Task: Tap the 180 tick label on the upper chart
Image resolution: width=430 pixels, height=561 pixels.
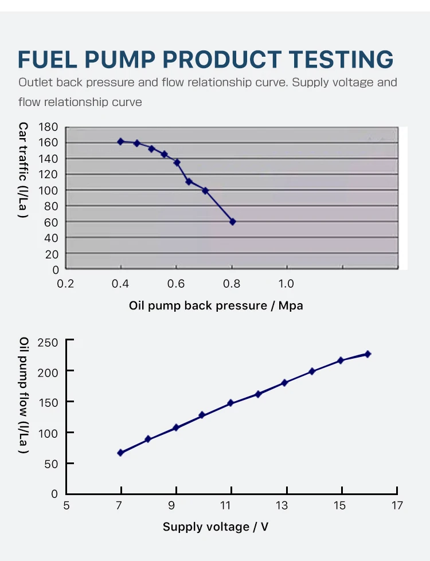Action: [x=49, y=127]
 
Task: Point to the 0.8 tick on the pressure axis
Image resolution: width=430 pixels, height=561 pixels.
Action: [x=232, y=284]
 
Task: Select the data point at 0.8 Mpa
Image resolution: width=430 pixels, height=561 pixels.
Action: [x=232, y=221]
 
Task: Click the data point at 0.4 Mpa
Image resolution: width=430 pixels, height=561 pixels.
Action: [x=120, y=141]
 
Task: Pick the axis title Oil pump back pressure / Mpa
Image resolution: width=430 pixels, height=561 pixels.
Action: [x=216, y=305]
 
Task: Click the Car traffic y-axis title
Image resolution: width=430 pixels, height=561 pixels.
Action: [x=24, y=170]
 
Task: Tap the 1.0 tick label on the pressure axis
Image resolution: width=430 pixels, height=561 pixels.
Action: [x=286, y=284]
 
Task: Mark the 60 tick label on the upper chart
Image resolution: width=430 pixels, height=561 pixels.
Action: [x=52, y=222]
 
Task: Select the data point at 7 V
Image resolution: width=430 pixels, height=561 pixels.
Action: [x=120, y=453]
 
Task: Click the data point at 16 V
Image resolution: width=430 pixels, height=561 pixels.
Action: [x=368, y=354]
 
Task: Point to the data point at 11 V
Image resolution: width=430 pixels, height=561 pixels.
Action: [x=230, y=403]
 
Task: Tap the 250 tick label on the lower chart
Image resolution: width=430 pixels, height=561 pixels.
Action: [x=48, y=343]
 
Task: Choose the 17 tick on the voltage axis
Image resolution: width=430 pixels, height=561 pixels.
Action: [x=397, y=505]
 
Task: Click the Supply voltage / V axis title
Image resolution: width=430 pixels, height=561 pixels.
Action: [x=216, y=527]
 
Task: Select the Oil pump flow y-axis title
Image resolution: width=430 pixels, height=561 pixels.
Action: [x=24, y=396]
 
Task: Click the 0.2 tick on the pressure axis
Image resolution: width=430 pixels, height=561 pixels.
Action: [x=66, y=284]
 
